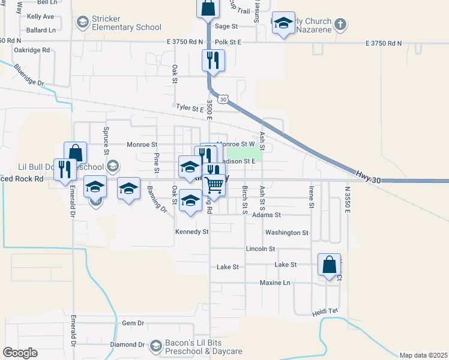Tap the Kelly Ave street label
tap(41, 16)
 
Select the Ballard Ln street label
tap(41, 29)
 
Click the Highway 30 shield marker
tap(223, 100)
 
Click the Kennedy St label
tap(191, 232)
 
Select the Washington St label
tap(286, 233)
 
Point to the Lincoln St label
tap(260, 249)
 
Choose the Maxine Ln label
tap(274, 283)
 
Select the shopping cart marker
tap(214, 186)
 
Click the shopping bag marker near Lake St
tap(329, 265)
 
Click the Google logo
tap(20, 353)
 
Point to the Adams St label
tap(267, 215)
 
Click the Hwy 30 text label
tap(367, 173)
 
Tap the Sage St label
tap(226, 26)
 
